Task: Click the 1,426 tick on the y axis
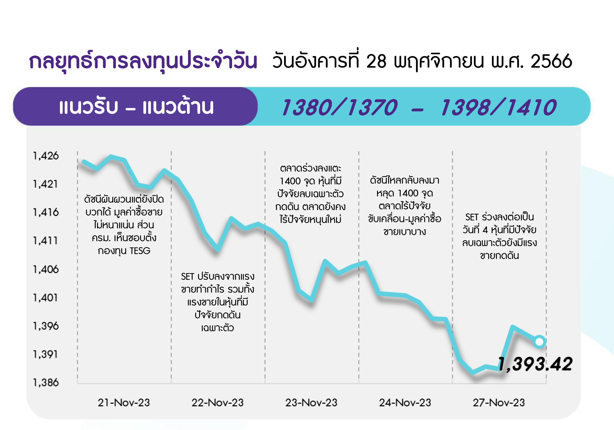46,156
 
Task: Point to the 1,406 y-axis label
46,269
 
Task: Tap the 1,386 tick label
46,382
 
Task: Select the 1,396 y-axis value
46,326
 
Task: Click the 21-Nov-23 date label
124,402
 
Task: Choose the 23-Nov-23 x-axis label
311,402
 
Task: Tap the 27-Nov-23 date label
499,402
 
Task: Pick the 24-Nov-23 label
405,402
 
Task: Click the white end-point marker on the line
539,342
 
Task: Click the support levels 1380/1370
340,107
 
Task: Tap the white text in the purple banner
137,106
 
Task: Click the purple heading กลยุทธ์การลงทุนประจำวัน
143,61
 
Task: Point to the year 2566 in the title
551,61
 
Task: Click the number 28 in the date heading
376,61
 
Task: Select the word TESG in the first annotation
140,251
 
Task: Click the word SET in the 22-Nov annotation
187,276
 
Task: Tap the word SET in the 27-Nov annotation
472,217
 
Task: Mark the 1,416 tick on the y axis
46,212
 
